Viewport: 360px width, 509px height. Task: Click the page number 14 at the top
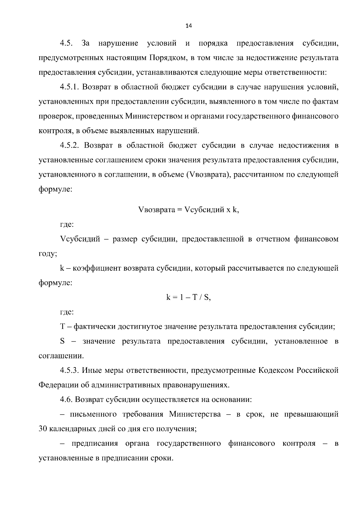189,26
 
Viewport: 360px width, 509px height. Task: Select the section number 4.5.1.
69,87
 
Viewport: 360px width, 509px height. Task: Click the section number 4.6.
66,400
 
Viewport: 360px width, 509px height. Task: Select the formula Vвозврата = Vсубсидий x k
189,209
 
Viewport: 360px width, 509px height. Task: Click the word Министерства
195,414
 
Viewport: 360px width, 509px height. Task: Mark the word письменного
93,414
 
